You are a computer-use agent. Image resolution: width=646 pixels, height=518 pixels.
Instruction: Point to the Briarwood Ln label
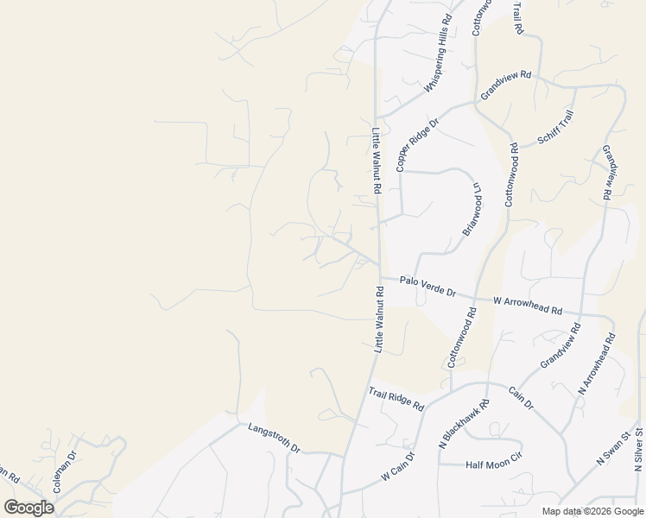coord(474,207)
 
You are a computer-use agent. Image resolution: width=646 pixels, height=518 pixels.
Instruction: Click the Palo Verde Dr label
coord(427,287)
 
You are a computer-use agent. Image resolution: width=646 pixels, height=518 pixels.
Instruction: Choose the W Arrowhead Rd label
coord(528,305)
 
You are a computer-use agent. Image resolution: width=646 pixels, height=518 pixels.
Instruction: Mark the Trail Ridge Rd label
coord(396,399)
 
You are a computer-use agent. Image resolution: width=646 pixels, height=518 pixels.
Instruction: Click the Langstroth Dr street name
coord(273,438)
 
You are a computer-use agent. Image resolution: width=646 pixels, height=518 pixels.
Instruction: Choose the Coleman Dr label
coord(65,471)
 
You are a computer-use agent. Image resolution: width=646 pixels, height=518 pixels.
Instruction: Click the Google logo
coord(28,508)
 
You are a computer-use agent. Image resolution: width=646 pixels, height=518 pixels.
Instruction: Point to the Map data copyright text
coord(591,511)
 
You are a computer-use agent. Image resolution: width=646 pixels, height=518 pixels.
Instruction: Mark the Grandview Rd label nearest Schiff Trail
coord(505,85)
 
